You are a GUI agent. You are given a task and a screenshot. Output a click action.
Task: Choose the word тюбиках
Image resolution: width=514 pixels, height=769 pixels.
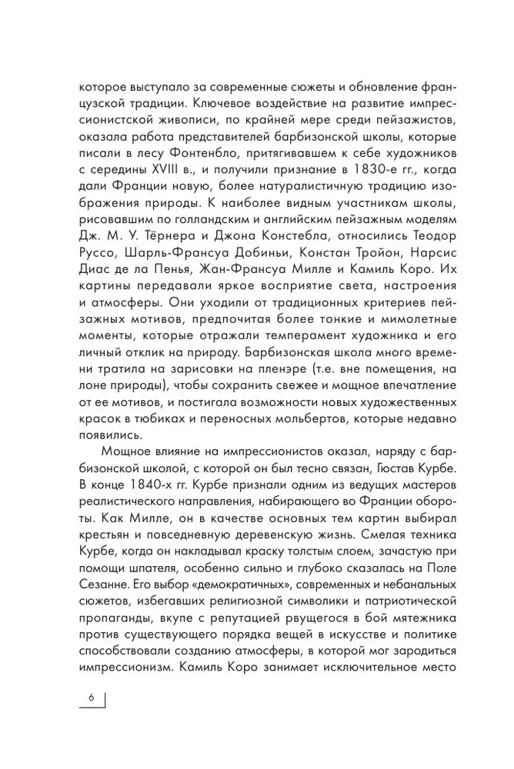[x=154, y=428]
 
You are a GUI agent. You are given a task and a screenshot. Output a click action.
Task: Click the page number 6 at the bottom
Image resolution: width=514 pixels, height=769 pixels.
[x=91, y=697]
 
